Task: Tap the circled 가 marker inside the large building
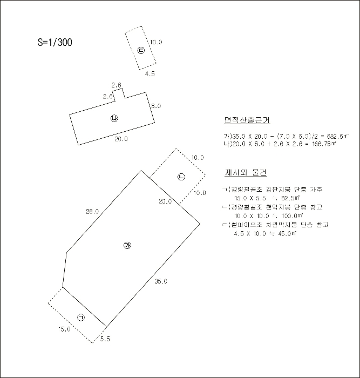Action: (128, 246)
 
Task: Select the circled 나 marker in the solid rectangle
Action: (114, 118)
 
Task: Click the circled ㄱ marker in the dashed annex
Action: (81, 318)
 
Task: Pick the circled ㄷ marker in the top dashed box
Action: (141, 51)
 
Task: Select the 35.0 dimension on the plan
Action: (161, 281)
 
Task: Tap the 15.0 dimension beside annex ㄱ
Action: (65, 329)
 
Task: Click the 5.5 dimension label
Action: (105, 339)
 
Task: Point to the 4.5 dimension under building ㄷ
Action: (150, 74)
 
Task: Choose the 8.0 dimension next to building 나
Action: (156, 106)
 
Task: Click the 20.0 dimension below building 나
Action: (121, 139)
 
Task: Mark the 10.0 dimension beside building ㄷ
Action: (157, 42)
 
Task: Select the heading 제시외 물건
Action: (246, 173)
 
